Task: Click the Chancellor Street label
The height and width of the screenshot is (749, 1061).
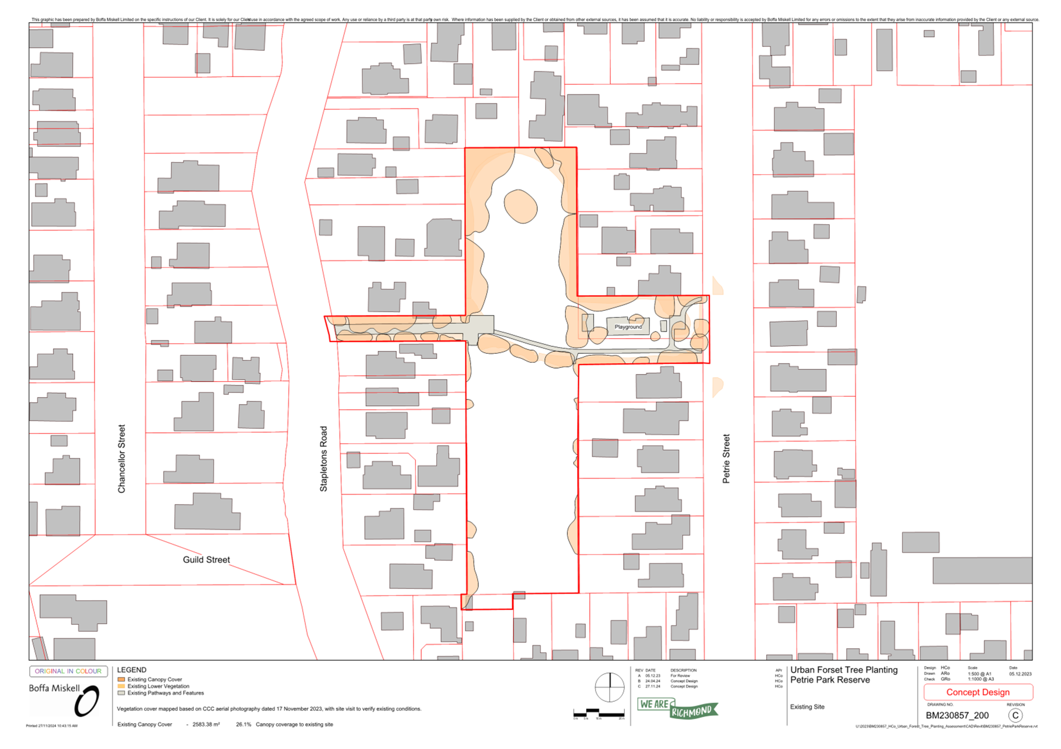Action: pyautogui.click(x=121, y=458)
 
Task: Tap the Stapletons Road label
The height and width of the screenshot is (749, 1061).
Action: pyautogui.click(x=324, y=458)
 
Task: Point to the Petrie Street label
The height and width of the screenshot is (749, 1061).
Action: pyautogui.click(x=726, y=458)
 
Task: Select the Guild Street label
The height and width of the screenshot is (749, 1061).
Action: pyautogui.click(x=206, y=560)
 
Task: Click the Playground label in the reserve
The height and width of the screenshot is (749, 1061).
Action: pyautogui.click(x=628, y=327)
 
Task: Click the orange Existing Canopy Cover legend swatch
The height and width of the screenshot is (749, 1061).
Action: pyautogui.click(x=121, y=679)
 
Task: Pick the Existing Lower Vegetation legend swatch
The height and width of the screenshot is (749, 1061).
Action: pyautogui.click(x=121, y=686)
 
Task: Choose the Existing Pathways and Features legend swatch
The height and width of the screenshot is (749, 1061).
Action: pyautogui.click(x=121, y=693)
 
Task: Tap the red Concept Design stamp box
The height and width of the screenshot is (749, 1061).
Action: pyautogui.click(x=978, y=692)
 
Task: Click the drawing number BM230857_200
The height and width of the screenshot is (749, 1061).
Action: pyautogui.click(x=957, y=715)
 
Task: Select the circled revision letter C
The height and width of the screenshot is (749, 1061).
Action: pyautogui.click(x=1015, y=715)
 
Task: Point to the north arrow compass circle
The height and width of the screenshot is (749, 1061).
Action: pyautogui.click(x=609, y=687)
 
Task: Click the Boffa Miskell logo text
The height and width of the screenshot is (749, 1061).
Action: pyautogui.click(x=54, y=688)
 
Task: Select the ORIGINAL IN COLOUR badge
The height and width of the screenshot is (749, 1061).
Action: pyautogui.click(x=68, y=671)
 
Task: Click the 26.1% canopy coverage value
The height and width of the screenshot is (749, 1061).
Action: pyautogui.click(x=243, y=724)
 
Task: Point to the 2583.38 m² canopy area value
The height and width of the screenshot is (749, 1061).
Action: pyautogui.click(x=206, y=724)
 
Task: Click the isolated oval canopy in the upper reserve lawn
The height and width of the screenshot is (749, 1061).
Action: pyautogui.click(x=520, y=206)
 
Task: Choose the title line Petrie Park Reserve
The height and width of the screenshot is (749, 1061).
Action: pyautogui.click(x=830, y=680)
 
